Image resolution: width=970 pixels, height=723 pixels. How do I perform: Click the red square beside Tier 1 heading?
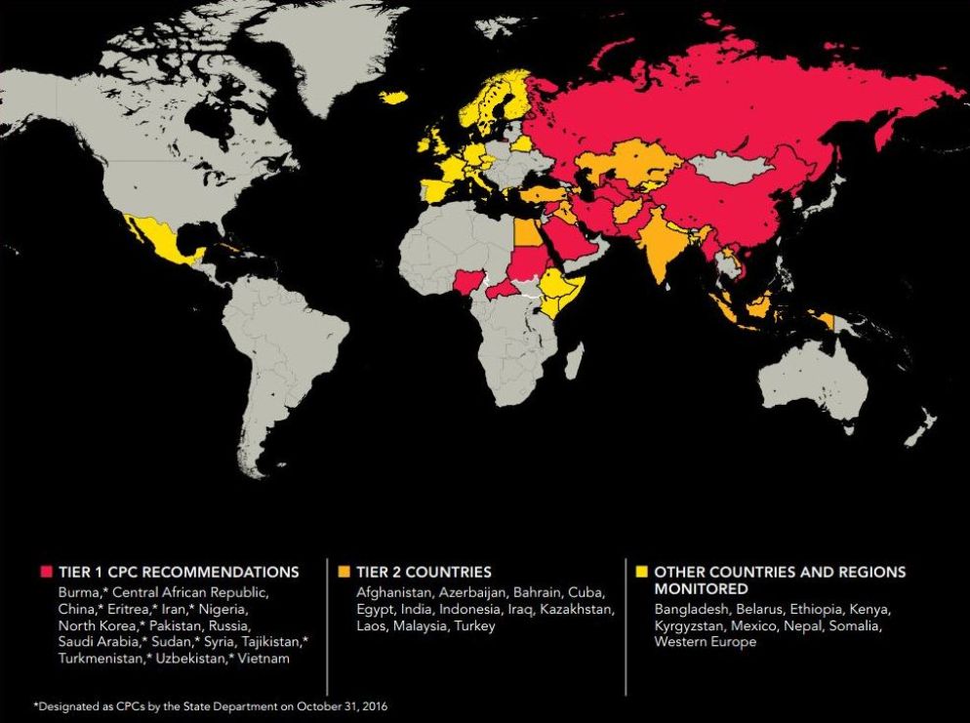point(45,572)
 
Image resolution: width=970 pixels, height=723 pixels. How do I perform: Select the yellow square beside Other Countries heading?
point(641,572)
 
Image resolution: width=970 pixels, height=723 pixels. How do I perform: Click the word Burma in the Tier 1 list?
point(78,592)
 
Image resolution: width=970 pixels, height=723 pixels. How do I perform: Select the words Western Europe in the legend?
point(706,642)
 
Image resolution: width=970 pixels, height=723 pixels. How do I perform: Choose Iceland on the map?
point(393,97)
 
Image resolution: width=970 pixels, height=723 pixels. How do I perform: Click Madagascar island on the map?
point(574,362)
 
